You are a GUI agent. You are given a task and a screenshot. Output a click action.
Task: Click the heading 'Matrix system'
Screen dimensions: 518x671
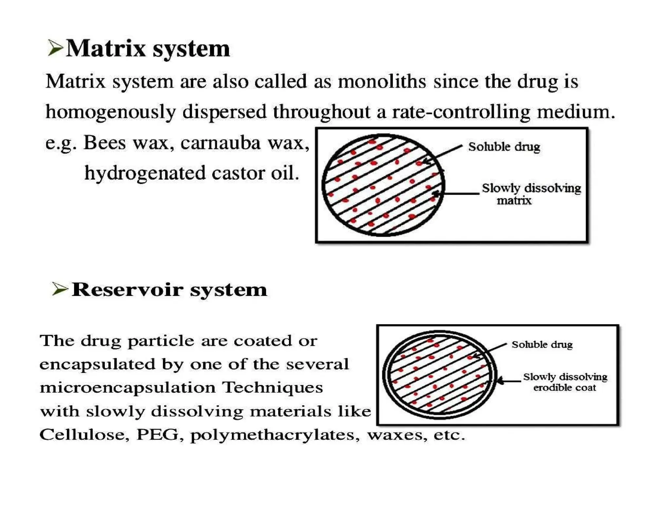(148, 49)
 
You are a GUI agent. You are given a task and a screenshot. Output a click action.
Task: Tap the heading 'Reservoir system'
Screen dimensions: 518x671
(169, 290)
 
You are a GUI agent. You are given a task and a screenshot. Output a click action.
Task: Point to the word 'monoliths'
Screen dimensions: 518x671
(382, 81)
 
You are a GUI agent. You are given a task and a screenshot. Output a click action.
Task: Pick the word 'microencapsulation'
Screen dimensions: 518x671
(127, 388)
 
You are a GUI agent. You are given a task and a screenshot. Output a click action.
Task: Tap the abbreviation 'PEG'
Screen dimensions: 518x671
(158, 435)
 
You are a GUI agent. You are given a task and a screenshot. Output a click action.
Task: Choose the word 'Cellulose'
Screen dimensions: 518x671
(82, 435)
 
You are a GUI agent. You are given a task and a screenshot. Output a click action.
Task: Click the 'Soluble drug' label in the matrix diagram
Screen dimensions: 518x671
(504, 147)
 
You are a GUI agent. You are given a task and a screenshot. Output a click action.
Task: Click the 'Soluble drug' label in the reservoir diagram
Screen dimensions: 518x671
(542, 344)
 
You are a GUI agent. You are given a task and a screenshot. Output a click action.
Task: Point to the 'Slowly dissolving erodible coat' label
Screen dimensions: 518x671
(565, 382)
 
